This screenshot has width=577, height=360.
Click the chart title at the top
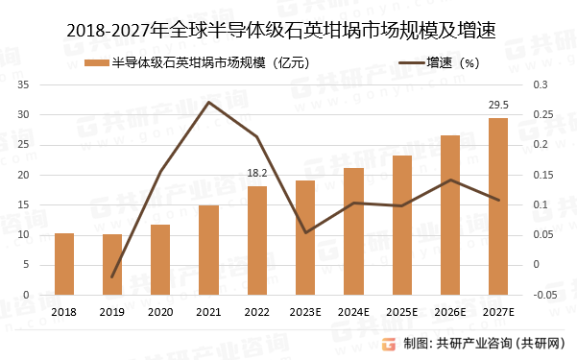point(288,29)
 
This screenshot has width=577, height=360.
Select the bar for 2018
point(64,264)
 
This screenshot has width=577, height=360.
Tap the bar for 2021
point(208,251)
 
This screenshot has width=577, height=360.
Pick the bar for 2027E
point(498,206)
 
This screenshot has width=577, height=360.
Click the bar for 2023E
point(305,238)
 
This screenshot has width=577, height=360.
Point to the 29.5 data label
point(498,105)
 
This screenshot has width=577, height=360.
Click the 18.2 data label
point(257,173)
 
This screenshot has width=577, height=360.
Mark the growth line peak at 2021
point(208,102)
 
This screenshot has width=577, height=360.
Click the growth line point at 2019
point(112,276)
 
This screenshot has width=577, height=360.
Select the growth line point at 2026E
point(450,180)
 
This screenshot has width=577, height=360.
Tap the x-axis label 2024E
point(353,312)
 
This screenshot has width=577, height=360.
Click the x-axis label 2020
point(160,312)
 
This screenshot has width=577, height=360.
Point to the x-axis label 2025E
point(402,312)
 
